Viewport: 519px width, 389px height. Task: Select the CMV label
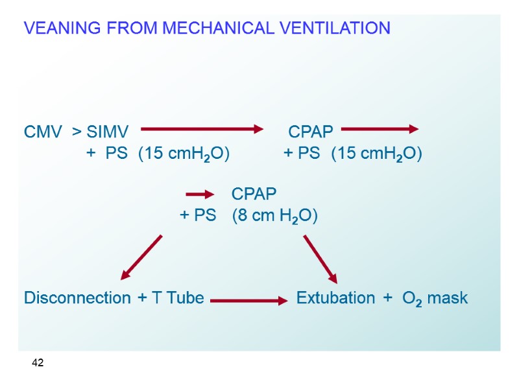(43, 132)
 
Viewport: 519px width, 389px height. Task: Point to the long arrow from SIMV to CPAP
(202, 130)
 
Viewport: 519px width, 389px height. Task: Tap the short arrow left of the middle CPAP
(200, 194)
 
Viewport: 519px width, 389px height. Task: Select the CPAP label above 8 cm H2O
(254, 194)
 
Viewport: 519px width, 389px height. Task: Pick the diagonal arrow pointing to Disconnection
(141, 257)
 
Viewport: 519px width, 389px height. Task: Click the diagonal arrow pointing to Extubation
(320, 259)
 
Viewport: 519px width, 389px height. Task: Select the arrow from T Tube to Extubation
(248, 301)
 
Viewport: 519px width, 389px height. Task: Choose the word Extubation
(335, 298)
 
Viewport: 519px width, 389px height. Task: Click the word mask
(448, 298)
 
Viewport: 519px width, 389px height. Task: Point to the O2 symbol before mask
(412, 299)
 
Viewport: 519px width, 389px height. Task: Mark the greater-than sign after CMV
(77, 133)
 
